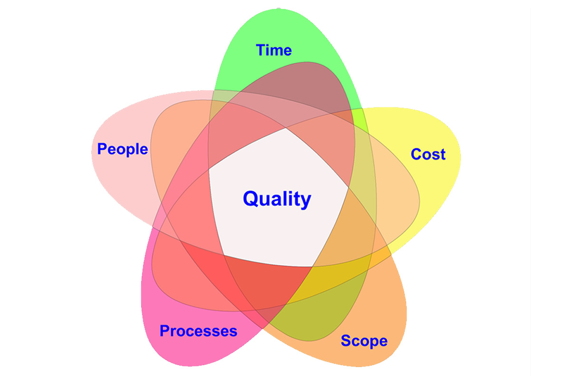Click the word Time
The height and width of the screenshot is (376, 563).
[x=274, y=50]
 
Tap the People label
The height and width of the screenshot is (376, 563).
[x=122, y=149]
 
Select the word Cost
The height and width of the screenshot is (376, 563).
[x=428, y=154]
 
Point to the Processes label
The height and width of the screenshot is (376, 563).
[x=198, y=331]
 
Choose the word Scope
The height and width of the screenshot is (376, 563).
[x=364, y=341]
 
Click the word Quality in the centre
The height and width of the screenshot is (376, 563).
[x=277, y=199]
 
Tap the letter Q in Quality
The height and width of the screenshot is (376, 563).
[x=251, y=198]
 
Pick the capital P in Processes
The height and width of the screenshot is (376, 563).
[x=165, y=331]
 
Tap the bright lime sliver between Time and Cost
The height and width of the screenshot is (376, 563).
[x=361, y=121]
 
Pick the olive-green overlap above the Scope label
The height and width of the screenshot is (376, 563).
[x=304, y=318]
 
